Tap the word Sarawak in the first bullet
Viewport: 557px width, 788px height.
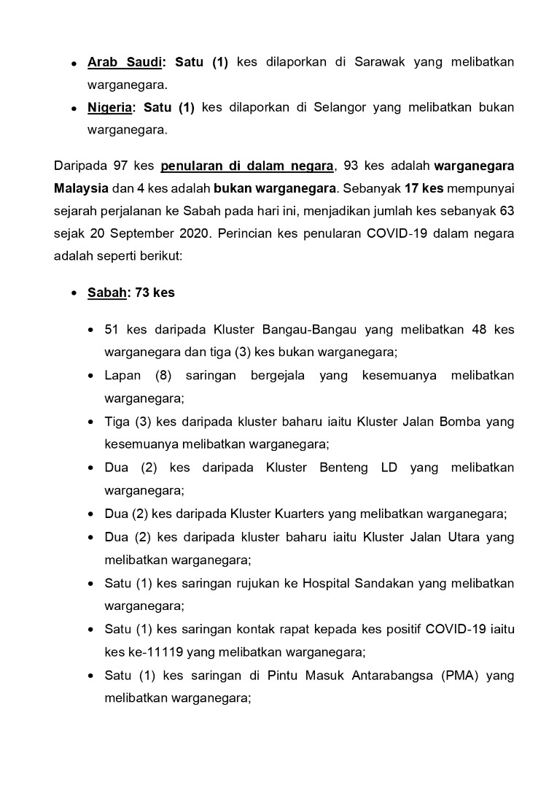[x=378, y=62]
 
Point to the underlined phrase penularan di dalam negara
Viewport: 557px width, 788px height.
[x=247, y=166]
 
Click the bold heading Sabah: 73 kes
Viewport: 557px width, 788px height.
[x=131, y=293]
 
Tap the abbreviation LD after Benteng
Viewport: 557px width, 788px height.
[x=389, y=468]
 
